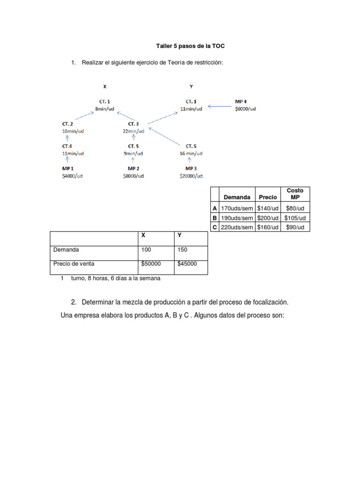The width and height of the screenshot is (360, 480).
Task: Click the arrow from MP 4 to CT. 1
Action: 220,106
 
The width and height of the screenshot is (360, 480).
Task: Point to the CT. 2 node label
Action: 68,124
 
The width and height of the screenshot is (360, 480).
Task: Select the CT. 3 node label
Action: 134,124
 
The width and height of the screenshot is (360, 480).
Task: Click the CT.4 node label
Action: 68,146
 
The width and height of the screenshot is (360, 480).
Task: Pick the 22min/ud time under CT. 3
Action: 134,131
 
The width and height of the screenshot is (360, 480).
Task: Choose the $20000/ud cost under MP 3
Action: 191,176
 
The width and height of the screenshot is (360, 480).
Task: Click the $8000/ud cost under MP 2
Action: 134,176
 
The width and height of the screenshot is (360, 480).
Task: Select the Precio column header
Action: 268,197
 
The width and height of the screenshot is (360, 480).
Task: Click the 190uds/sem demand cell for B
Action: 237,218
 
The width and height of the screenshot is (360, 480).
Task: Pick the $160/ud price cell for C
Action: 268,227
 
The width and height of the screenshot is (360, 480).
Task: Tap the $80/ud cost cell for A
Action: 295,209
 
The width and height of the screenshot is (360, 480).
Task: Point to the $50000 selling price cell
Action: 150,264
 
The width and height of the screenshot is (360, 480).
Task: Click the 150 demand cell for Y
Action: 182,250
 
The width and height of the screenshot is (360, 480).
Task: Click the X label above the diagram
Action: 105,87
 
